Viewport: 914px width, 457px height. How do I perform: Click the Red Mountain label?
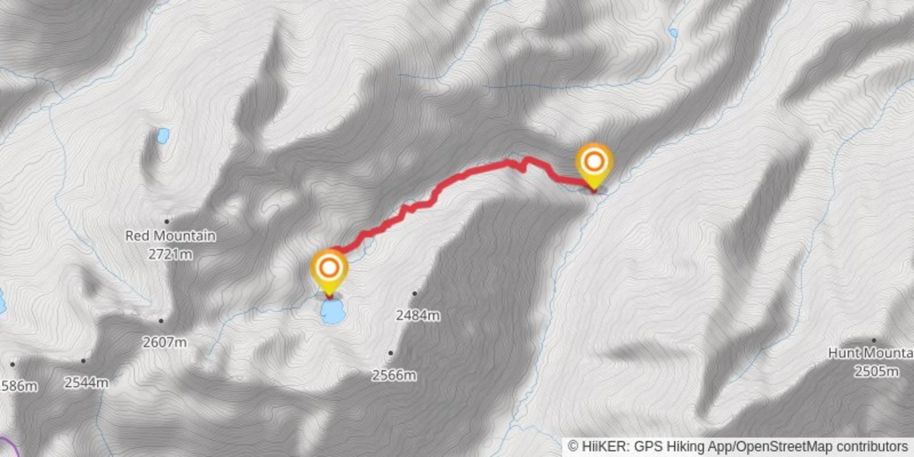170,236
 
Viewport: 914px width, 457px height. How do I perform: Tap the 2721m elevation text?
170,254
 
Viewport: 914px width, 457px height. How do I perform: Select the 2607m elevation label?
164,343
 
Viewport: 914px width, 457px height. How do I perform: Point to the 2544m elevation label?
86,383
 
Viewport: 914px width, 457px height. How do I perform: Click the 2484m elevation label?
418,316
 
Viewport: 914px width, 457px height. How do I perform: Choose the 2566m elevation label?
394,375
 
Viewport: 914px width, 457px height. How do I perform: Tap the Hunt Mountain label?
870,353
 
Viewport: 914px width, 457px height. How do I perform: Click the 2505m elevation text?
876,371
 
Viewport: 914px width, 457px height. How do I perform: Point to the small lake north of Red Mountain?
163,135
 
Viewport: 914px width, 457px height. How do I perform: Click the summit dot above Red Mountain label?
167,222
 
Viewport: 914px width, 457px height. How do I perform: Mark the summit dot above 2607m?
161,321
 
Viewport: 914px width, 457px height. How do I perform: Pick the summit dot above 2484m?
415,294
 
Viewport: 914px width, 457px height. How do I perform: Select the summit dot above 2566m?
391,353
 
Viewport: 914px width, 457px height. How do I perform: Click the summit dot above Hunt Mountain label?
874,341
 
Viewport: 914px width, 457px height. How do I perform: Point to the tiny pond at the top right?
673,32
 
